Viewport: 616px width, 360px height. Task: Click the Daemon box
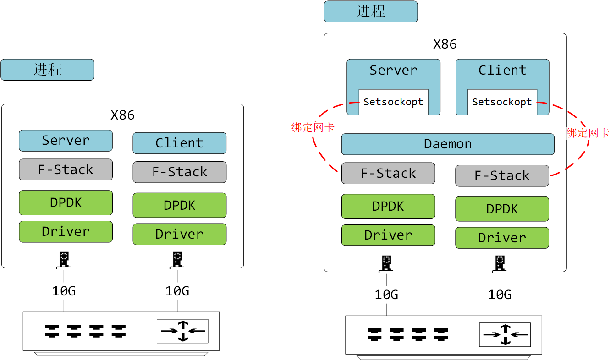pos(448,144)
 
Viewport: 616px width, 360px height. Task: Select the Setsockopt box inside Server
pos(393,102)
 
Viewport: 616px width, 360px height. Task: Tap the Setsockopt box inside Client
pos(502,102)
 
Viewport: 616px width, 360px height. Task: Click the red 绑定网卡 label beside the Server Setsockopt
pos(313,128)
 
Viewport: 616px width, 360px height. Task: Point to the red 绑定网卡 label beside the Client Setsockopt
pos(588,133)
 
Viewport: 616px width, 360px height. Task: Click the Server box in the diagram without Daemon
pos(66,141)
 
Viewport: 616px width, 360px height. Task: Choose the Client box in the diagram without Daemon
pos(179,143)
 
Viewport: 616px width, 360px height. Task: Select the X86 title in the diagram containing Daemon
pos(445,44)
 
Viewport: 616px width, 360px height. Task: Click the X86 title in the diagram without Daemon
pos(122,115)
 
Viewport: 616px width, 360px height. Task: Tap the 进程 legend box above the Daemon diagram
pos(371,11)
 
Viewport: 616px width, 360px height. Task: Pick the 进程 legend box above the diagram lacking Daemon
pos(47,70)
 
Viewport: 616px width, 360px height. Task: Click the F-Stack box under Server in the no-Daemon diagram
pos(66,170)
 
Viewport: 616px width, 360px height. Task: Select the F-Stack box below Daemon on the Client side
pos(502,176)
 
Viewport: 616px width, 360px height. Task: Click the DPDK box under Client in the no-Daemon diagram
pos(179,205)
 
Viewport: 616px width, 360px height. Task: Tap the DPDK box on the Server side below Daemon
pos(388,207)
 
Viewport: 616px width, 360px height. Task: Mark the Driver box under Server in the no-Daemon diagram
pos(66,232)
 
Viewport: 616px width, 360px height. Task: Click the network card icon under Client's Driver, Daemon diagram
pos(500,263)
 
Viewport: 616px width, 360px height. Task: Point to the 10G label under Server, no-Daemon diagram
pos(64,291)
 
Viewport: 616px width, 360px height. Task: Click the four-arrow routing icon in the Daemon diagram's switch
pos(505,335)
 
